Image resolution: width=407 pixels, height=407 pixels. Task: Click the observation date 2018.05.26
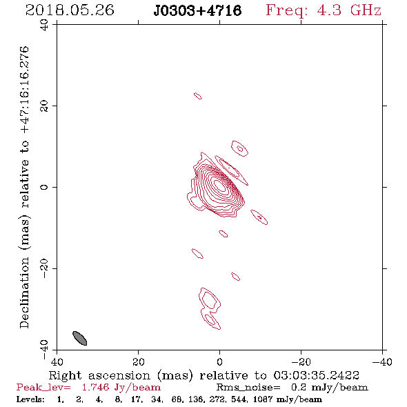[x=70, y=10]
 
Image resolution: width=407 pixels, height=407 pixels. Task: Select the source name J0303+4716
[x=197, y=10]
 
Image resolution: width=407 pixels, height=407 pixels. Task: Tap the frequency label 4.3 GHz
[x=349, y=10]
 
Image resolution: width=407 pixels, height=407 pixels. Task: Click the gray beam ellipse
[x=80, y=338]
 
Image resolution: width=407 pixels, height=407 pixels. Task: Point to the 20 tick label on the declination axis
[x=44, y=106]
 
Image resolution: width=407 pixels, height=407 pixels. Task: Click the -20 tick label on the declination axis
[x=44, y=268]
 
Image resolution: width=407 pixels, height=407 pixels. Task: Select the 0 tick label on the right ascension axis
[x=219, y=361]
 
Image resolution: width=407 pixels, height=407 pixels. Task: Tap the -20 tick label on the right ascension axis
[x=301, y=361]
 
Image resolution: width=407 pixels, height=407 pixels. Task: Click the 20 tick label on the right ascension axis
[x=139, y=361]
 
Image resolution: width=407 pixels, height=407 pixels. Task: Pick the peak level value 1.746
[x=95, y=387]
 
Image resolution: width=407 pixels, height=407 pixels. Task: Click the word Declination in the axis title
[x=24, y=292]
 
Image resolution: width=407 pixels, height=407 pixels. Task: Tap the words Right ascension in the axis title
[x=99, y=375]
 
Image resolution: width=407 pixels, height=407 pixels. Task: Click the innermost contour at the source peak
[x=220, y=186]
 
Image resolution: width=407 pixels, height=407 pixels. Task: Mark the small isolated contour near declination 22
[x=198, y=96]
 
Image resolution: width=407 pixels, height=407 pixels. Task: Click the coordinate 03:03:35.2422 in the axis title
[x=317, y=375]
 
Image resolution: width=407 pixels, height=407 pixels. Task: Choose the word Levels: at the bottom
[x=30, y=399]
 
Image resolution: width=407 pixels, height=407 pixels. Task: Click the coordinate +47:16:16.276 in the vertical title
[x=24, y=90]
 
